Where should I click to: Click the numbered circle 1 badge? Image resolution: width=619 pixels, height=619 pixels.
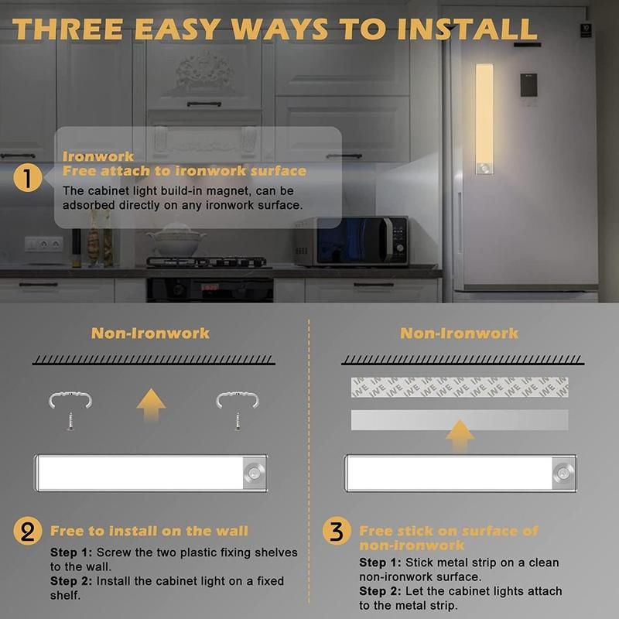click(28, 178)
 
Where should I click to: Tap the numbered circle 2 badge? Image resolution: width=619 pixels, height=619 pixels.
click(28, 531)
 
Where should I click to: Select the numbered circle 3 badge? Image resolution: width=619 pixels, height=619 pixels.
click(337, 531)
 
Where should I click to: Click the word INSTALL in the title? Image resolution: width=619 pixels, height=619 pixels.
click(467, 29)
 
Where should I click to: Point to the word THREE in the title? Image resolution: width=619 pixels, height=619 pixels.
click(67, 29)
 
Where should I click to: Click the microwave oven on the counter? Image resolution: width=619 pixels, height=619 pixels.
click(351, 241)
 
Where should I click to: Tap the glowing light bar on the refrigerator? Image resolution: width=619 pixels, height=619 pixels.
click(484, 119)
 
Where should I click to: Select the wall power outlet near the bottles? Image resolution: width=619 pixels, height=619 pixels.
click(44, 244)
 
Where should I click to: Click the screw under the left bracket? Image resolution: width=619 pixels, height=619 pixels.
click(70, 421)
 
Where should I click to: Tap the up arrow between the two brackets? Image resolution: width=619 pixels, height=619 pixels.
click(151, 405)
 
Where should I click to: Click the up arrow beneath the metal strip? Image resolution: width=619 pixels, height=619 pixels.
click(460, 435)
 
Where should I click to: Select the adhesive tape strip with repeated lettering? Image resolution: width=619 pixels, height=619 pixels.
click(460, 387)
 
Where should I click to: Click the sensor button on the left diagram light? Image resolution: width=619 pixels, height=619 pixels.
click(253, 473)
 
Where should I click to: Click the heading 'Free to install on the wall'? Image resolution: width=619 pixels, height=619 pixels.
click(149, 531)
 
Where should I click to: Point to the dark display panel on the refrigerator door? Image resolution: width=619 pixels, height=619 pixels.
click(528, 85)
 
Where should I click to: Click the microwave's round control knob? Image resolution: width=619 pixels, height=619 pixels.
click(400, 248)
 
